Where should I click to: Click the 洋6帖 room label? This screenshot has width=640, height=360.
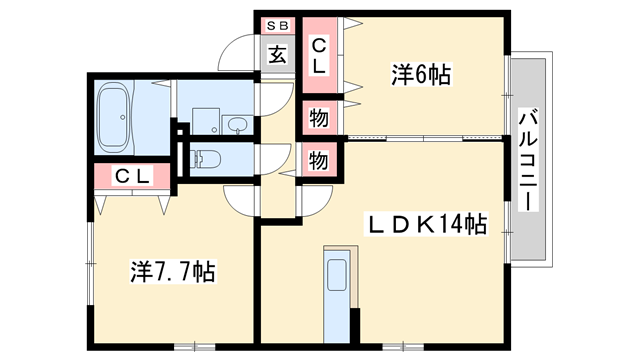[420, 73]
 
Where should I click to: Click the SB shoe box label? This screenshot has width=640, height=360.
[277, 24]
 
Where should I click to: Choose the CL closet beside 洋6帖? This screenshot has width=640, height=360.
[320, 57]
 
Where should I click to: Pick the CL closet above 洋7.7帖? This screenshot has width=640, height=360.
[131, 177]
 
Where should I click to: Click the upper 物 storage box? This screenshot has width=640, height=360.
[319, 118]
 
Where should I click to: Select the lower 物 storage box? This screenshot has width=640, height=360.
[319, 159]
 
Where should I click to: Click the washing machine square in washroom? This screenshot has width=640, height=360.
[205, 118]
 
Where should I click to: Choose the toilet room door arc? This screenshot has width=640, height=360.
[269, 157]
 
